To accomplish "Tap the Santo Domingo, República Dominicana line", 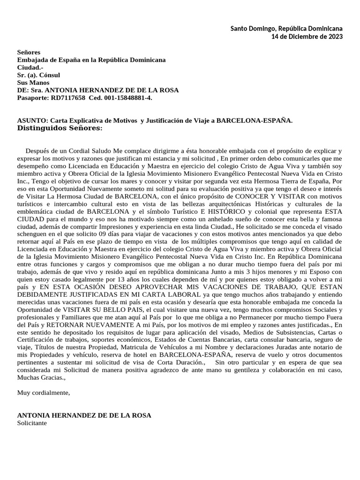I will (286, 29).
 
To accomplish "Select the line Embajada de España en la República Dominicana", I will (91, 60).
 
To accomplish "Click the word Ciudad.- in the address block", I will (30, 67).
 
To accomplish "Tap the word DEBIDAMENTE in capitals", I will (42, 295).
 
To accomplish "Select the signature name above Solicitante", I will (84, 415).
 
